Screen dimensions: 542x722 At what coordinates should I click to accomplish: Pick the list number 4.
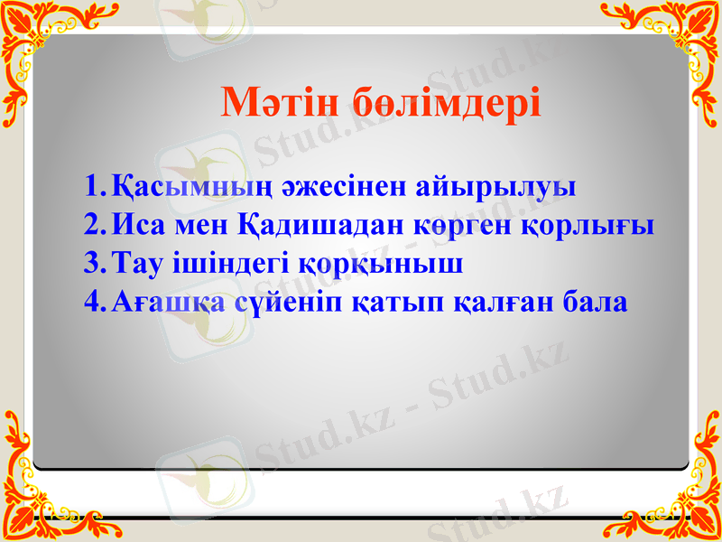(x=92, y=301)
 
